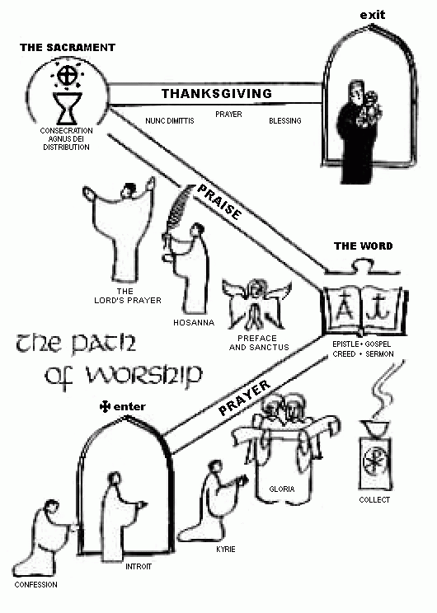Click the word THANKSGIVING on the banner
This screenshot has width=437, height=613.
click(217, 93)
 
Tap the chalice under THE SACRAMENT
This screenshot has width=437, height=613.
click(68, 108)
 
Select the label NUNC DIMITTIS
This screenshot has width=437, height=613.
click(169, 121)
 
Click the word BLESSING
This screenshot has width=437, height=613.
click(284, 121)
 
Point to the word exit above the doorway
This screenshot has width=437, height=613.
click(373, 15)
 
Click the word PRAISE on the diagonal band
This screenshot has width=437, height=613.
click(219, 202)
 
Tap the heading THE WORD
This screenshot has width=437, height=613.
click(363, 246)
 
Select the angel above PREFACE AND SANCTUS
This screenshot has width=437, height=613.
click(256, 304)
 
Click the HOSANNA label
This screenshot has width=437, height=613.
click(194, 322)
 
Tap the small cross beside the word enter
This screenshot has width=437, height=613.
click(105, 407)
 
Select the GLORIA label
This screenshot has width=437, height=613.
click(282, 489)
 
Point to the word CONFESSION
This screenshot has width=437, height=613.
click(35, 585)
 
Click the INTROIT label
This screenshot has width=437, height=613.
click(139, 567)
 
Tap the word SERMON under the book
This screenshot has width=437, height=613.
click(379, 354)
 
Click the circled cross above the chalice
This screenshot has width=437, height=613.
click(67, 76)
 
